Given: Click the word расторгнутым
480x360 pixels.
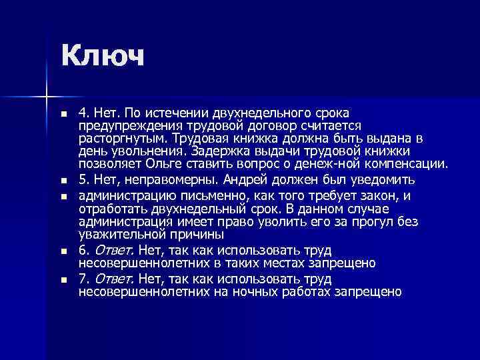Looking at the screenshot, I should click(x=121, y=139).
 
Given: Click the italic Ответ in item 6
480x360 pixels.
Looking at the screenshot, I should click(x=110, y=251).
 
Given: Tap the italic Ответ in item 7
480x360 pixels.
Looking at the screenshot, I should click(x=110, y=279).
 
